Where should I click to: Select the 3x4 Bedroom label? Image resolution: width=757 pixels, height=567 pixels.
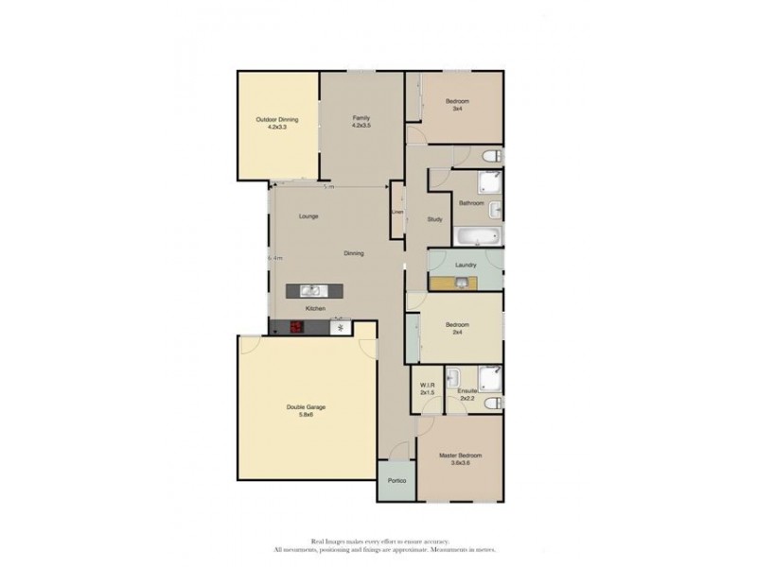pos(457,104)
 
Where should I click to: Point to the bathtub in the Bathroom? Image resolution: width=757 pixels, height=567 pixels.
pos(477,235)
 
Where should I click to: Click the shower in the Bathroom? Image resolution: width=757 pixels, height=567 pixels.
pos(490,183)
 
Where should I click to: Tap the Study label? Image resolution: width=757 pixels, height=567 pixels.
pos(434,219)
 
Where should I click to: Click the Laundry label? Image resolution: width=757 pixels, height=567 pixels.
pos(465,266)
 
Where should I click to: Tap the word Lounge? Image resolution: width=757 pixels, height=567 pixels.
pos(308,216)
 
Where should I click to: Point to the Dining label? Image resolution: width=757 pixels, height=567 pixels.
pos(354,253)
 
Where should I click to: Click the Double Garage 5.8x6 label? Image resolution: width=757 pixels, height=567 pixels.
pos(306,411)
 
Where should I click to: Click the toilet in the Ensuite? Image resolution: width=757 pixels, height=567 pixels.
pos(491,404)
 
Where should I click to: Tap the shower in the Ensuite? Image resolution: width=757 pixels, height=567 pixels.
pos(490,378)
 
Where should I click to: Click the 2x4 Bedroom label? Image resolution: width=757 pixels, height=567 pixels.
pos(457,330)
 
